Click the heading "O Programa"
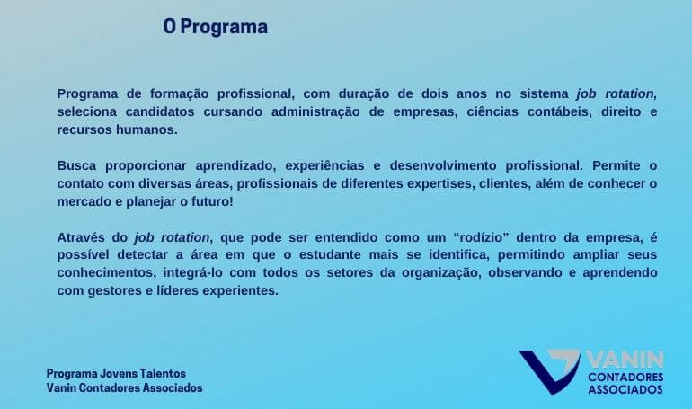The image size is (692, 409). click(216, 26)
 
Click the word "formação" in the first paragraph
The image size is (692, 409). click(179, 94)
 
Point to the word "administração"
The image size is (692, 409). click(315, 111)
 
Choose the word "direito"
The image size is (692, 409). click(621, 111)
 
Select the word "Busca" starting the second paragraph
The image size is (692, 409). click(76, 166)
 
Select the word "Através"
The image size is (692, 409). click(79, 237)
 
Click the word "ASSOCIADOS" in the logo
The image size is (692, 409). click(625, 389)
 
